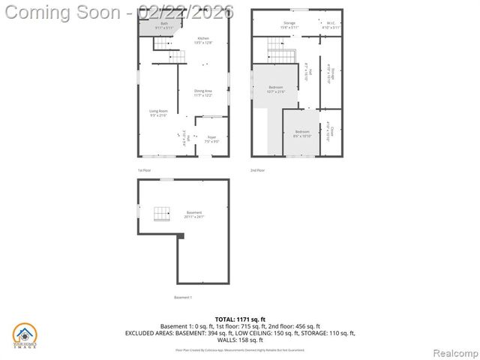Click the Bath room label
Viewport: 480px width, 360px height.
click(164, 25)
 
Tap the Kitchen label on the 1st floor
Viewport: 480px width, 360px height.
click(203, 40)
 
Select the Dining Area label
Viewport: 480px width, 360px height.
click(203, 93)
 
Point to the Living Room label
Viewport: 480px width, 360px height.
click(157, 113)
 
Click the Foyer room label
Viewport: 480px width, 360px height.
click(211, 139)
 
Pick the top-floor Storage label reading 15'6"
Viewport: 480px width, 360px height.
click(289, 25)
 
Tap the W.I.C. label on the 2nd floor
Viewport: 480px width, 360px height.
click(331, 25)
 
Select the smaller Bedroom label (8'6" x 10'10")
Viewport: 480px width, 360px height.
click(301, 133)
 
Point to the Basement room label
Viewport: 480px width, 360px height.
click(194, 214)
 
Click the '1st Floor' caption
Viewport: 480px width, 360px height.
click(145, 170)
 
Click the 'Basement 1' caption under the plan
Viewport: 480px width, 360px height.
click(183, 298)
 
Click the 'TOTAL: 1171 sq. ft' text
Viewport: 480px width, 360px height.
click(239, 319)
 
